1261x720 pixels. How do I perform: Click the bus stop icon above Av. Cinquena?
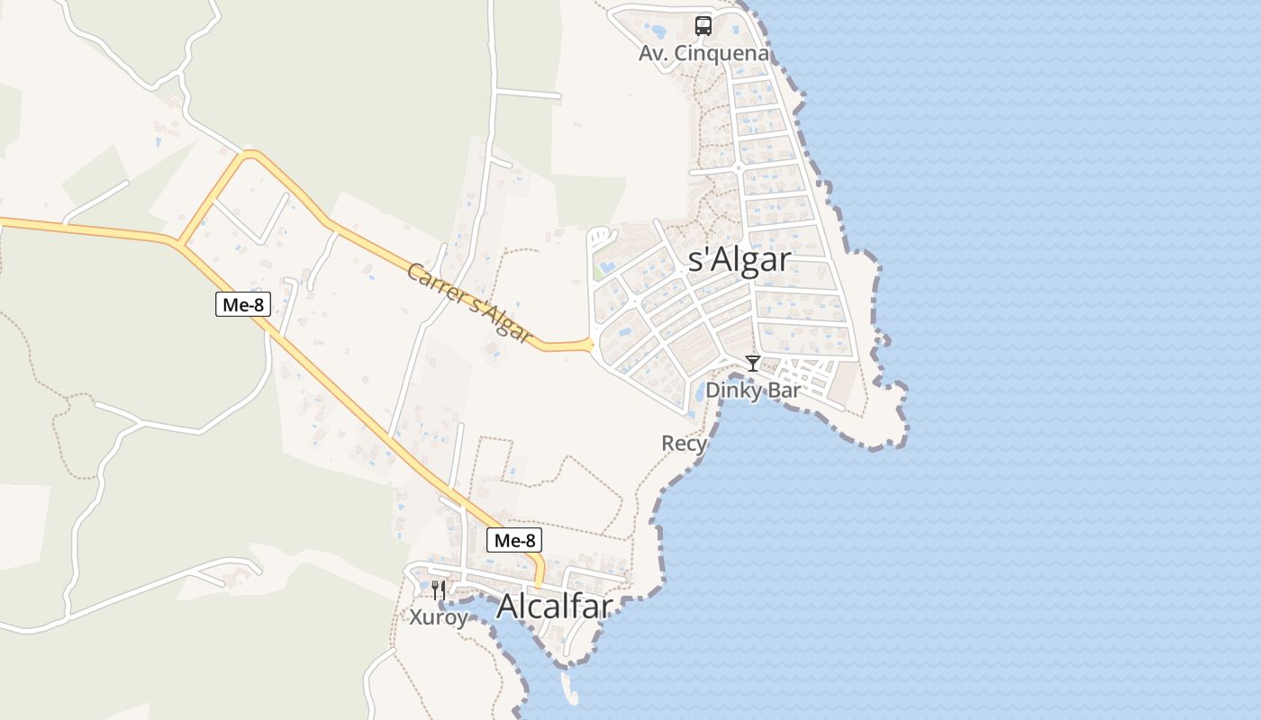pyautogui.click(x=703, y=26)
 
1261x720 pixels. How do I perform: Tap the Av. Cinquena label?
pyautogui.click(x=703, y=54)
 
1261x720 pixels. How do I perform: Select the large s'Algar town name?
pyautogui.click(x=739, y=260)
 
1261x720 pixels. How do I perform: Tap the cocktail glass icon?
pyautogui.click(x=752, y=364)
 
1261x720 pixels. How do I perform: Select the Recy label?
pyautogui.click(x=684, y=443)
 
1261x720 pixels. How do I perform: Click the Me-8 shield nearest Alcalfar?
pyautogui.click(x=516, y=540)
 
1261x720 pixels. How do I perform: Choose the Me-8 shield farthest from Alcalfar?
pyautogui.click(x=243, y=304)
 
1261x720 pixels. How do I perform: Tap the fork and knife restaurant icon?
pyautogui.click(x=438, y=590)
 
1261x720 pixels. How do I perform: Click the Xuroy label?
pyautogui.click(x=439, y=617)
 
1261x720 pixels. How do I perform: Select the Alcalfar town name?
pyautogui.click(x=554, y=606)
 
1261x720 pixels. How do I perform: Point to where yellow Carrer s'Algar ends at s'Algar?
pyautogui.click(x=591, y=344)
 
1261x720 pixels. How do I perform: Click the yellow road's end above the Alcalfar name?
pyautogui.click(x=540, y=583)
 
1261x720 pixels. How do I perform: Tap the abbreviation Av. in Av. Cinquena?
pyautogui.click(x=652, y=54)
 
